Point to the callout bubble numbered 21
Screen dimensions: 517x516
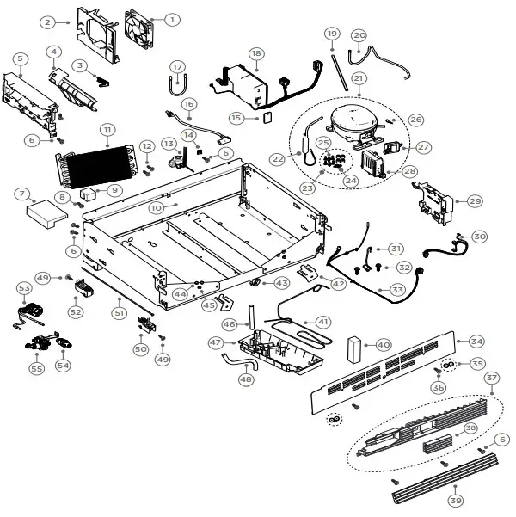359,78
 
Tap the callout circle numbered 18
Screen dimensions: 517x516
255,53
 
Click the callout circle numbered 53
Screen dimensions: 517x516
24,287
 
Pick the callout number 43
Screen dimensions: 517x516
281,283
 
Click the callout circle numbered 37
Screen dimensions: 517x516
491,378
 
